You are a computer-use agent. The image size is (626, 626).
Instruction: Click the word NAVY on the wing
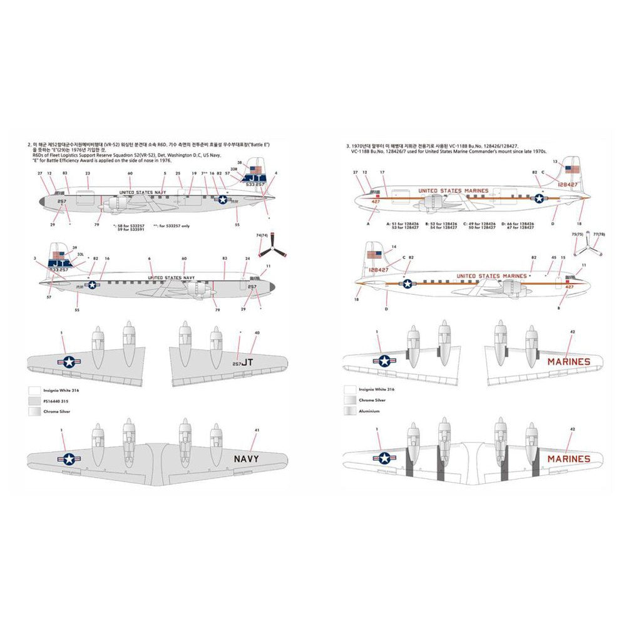click(x=246, y=458)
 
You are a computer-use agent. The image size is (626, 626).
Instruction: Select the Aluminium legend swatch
click(x=349, y=411)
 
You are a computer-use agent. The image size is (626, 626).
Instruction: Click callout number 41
click(x=258, y=429)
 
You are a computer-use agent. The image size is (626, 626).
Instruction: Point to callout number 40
click(x=257, y=332)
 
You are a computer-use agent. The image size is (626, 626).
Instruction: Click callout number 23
click(x=88, y=173)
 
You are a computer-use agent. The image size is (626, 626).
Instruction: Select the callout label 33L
click(x=80, y=254)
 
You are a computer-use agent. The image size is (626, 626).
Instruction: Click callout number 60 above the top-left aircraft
click(x=130, y=173)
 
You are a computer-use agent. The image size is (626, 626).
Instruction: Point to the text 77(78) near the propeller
click(x=598, y=233)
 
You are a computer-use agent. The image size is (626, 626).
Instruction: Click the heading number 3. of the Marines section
click(x=347, y=146)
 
